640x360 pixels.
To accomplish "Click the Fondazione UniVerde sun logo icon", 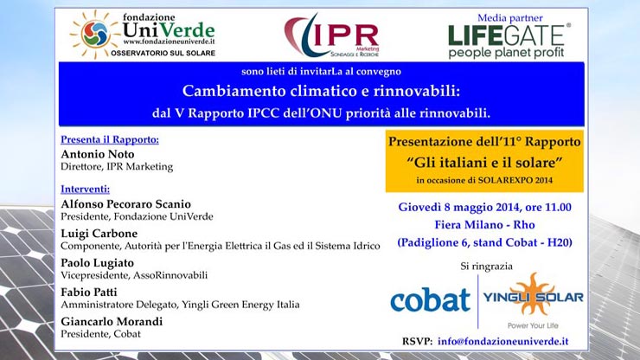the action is click(x=94, y=35).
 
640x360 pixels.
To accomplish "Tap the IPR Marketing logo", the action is click(x=332, y=36).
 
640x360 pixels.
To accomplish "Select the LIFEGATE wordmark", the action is click(x=507, y=35).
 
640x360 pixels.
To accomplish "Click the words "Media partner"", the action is click(x=509, y=18).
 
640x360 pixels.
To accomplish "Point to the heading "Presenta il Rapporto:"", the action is click(x=110, y=139).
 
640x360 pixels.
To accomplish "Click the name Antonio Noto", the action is click(x=98, y=154).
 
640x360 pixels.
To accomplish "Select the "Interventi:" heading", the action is click(x=86, y=190).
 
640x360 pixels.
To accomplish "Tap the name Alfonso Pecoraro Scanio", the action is click(x=125, y=204).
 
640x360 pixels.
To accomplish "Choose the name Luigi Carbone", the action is click(x=99, y=234).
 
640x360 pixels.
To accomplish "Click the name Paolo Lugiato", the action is click(x=97, y=263).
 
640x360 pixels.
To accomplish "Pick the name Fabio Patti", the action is click(x=89, y=292).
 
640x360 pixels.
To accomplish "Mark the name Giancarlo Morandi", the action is click(x=112, y=322).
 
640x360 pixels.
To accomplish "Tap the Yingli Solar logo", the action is click(x=533, y=300).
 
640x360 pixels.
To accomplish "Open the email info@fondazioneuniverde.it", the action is click(x=502, y=341).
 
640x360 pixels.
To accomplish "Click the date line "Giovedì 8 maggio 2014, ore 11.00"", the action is click(x=485, y=207).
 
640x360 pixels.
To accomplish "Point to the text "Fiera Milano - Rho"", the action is click(x=484, y=225).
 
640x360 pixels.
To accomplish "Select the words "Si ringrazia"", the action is click(x=487, y=267).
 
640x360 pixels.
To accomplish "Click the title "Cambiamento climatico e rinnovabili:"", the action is click(x=321, y=91).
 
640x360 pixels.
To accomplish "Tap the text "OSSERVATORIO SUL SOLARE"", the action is click(x=163, y=53).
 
